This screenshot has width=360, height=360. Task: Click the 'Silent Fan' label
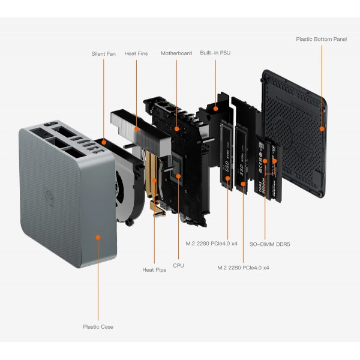[x=104, y=53]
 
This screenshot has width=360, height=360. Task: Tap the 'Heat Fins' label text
[x=136, y=53]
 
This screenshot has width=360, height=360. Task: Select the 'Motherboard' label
[x=176, y=53]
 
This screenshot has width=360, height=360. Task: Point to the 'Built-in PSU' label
[x=215, y=53]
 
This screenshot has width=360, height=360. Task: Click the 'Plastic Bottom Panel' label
[x=321, y=39]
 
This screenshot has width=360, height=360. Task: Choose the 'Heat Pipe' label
[x=154, y=270]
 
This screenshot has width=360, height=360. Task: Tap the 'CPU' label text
[x=178, y=265]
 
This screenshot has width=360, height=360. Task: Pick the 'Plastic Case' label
[x=98, y=327]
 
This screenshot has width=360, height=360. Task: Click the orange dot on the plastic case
[x=98, y=238]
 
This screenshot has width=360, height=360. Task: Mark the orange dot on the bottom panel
[x=322, y=128]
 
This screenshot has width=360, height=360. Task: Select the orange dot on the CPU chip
[x=178, y=176]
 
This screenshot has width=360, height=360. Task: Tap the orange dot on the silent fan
[x=104, y=143]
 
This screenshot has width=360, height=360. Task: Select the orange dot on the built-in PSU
[x=215, y=109]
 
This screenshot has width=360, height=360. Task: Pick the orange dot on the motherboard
[x=176, y=128]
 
